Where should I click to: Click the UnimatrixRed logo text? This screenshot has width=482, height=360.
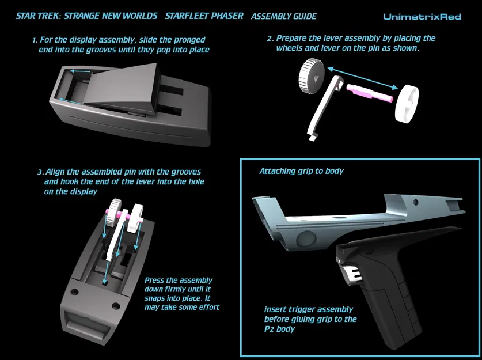422,17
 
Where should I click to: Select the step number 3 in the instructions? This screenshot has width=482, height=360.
39,172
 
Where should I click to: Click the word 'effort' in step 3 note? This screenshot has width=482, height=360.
204,307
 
